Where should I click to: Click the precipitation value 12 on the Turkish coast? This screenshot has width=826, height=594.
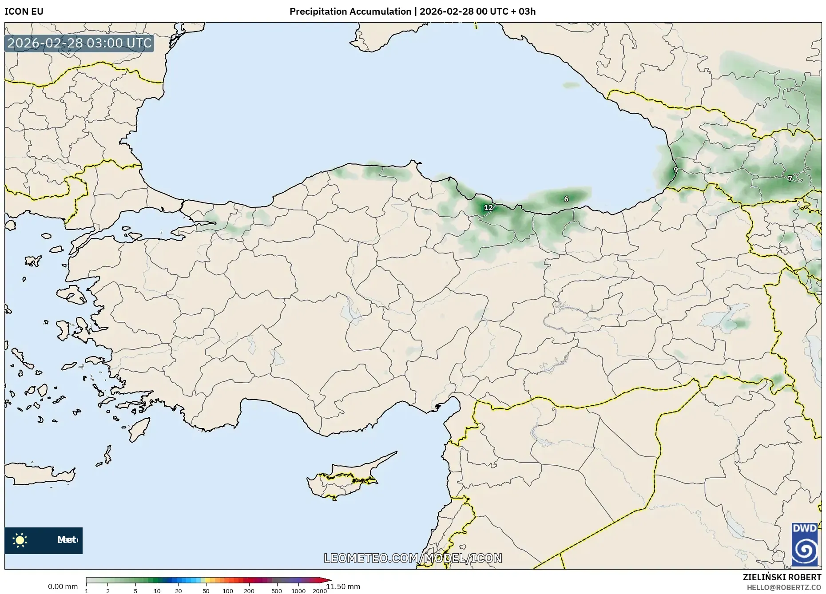point(488,208)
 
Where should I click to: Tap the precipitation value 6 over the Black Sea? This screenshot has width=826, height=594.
point(566,199)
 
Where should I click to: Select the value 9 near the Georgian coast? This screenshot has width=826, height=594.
point(675,170)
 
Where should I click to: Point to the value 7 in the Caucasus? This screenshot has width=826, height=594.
point(790,178)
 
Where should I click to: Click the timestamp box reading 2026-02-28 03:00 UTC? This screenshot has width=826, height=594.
point(79,43)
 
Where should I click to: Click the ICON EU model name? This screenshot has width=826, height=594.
point(24,12)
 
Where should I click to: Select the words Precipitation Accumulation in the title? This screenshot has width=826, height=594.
point(350,12)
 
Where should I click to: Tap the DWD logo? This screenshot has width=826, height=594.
point(805,544)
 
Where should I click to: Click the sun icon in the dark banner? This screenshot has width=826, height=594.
point(20,540)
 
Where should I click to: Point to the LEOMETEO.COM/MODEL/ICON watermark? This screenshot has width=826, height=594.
point(413,558)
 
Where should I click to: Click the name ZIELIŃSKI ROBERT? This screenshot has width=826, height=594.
point(782,577)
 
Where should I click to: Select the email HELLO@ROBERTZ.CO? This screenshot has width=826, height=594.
point(783,587)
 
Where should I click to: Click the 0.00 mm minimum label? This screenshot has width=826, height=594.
point(63,587)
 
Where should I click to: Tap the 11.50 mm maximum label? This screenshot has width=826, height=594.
point(344,587)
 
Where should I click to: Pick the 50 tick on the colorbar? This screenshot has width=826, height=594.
point(206,591)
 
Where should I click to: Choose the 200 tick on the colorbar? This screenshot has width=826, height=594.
point(249,591)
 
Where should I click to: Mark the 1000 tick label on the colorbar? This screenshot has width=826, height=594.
point(298,591)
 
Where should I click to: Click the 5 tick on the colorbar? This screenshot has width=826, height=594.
point(135,591)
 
